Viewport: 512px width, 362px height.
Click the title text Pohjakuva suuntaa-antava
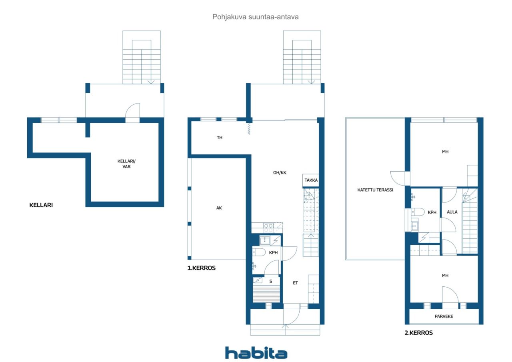click(x=255, y=17)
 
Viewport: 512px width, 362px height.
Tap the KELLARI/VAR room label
click(x=126, y=164)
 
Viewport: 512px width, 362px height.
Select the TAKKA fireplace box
click(x=311, y=180)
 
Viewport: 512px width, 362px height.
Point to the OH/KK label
click(x=280, y=173)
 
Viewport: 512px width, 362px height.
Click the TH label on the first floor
click(x=220, y=138)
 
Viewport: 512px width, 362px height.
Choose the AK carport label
click(x=219, y=208)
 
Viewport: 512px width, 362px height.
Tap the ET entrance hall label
click(x=295, y=283)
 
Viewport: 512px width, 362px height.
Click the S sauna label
click(x=271, y=281)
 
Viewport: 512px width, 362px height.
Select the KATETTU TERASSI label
click(x=375, y=190)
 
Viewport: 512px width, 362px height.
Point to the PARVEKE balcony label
click(x=444, y=316)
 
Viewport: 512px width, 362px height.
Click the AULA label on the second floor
click(x=452, y=212)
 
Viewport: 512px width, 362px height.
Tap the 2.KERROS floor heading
click(x=418, y=333)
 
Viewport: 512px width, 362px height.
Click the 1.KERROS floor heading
click(x=201, y=268)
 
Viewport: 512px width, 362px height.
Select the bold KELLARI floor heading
click(x=41, y=205)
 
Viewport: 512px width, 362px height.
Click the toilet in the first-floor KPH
click(x=259, y=252)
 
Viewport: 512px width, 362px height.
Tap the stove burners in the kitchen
click(x=268, y=228)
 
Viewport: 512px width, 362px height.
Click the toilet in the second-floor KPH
click(x=418, y=212)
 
